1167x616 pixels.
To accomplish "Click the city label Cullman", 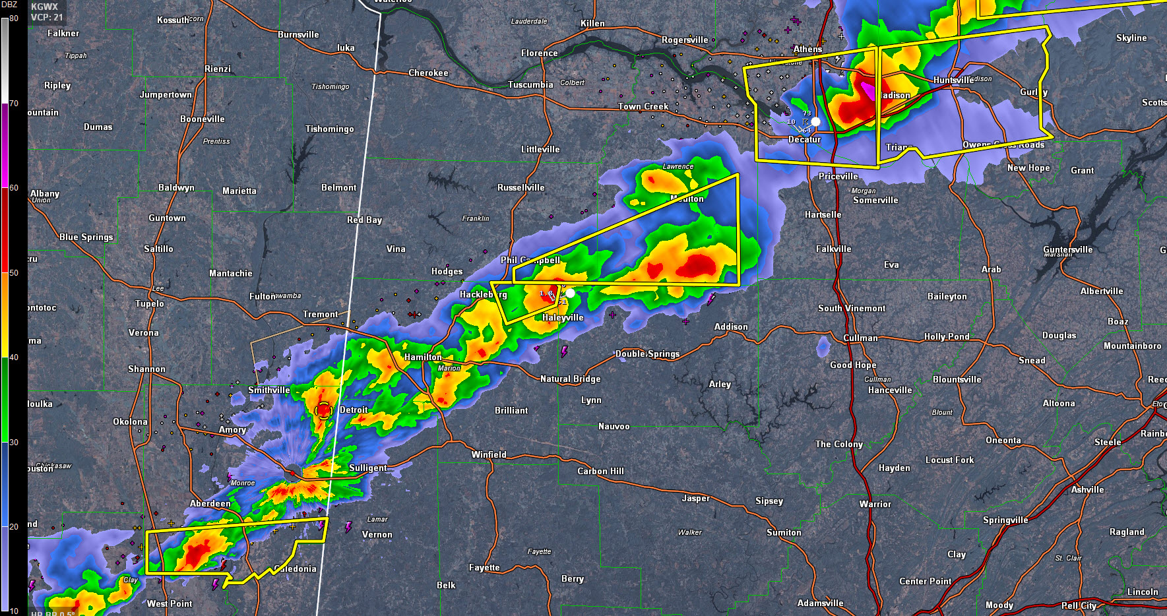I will pyautogui.click(x=860, y=338).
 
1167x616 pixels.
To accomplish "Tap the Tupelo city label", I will pyautogui.click(x=150, y=304).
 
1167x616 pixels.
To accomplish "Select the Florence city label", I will pyautogui.click(x=539, y=53).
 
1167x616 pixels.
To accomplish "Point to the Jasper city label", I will pyautogui.click(x=695, y=499).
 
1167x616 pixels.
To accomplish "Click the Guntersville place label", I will pyautogui.click(x=1067, y=249).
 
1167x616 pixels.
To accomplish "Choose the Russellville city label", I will pyautogui.click(x=520, y=188).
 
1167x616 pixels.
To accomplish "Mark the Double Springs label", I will pyautogui.click(x=647, y=354).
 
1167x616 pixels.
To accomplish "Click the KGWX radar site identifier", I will pyautogui.click(x=44, y=7).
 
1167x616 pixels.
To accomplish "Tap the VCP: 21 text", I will pyautogui.click(x=47, y=17).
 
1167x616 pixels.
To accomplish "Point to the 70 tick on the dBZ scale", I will pyautogui.click(x=13, y=104).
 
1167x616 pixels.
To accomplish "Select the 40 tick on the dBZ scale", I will pyautogui.click(x=13, y=357).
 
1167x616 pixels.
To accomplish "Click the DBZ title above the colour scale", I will pyautogui.click(x=9, y=5).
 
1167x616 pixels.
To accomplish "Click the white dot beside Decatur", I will pyautogui.click(x=815, y=121).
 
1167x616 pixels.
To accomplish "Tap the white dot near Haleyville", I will pyautogui.click(x=570, y=293).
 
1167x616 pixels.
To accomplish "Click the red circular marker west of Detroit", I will pyautogui.click(x=323, y=411).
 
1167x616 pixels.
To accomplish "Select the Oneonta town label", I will pyautogui.click(x=1003, y=441).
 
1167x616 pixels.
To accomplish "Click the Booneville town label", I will pyautogui.click(x=202, y=119).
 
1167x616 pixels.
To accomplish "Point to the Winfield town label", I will pyautogui.click(x=489, y=455).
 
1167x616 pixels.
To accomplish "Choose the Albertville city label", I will pyautogui.click(x=1101, y=292).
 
